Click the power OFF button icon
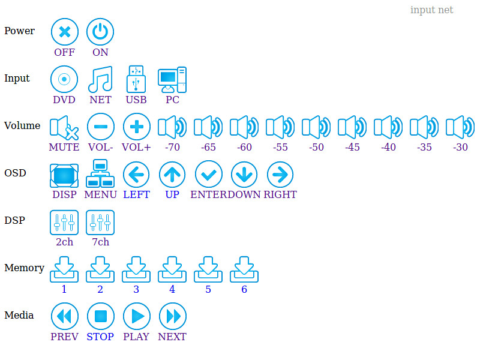point(64,32)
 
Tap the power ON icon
point(100,32)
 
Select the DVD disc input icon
point(64,79)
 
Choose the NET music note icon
point(100,79)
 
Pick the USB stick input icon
point(136,79)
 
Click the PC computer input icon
point(172,79)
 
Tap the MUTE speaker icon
point(64,127)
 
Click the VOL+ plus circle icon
point(136,127)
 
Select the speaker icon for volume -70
point(172,127)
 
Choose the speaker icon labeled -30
point(460,127)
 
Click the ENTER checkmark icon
point(208,174)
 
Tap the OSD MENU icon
point(100,174)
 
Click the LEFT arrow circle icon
point(136,174)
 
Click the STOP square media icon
point(100,316)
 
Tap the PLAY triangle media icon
point(136,316)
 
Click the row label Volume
point(22,126)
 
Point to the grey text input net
point(431,10)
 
